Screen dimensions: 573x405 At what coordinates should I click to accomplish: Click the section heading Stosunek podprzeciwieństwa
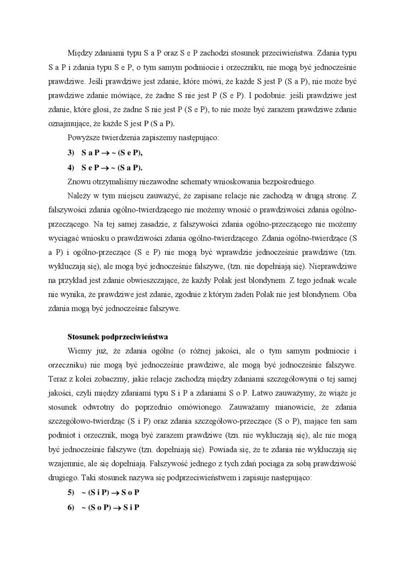pyautogui.click(x=117, y=337)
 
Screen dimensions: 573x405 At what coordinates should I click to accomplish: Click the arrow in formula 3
pyautogui.click(x=106, y=152)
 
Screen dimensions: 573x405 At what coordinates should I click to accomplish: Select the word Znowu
pyautogui.click(x=78, y=181)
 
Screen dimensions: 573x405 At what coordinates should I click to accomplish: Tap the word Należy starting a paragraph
pyautogui.click(x=79, y=196)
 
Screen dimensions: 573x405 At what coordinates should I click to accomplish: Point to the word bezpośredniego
pyautogui.click(x=290, y=181)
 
